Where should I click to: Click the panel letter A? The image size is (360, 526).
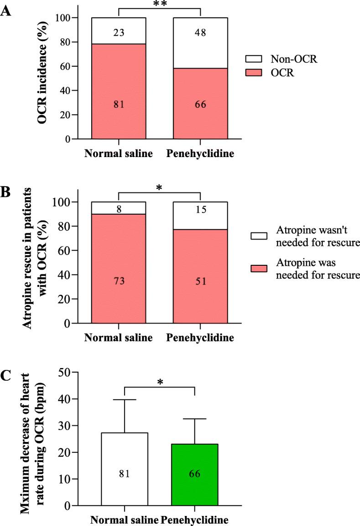[x=6, y=10]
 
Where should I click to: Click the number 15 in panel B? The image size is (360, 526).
[x=201, y=210]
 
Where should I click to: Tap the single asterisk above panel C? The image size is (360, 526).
[x=160, y=382]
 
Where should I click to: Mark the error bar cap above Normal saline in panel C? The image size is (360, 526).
[x=125, y=400]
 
